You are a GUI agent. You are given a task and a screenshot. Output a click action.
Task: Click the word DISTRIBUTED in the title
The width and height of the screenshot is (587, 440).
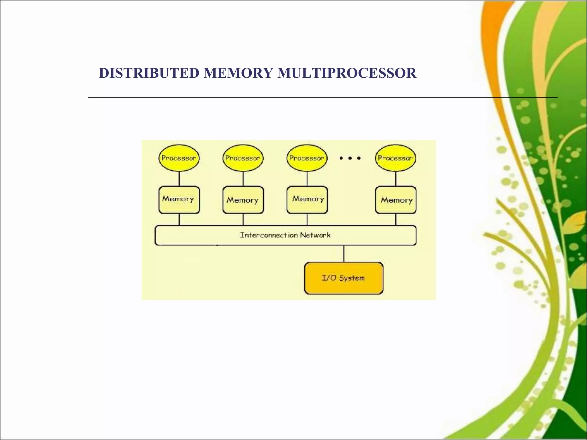coord(149,73)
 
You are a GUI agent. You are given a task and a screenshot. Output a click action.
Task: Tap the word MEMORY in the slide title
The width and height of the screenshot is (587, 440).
coord(238,73)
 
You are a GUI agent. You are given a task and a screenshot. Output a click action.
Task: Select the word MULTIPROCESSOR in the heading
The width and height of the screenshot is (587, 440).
coord(347,73)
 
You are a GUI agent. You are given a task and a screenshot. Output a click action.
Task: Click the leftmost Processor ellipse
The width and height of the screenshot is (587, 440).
coord(179,158)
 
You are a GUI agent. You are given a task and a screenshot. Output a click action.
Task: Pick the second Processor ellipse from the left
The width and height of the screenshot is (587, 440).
coord(243,158)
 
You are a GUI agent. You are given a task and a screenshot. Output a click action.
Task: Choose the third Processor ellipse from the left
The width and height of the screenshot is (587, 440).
coord(307,158)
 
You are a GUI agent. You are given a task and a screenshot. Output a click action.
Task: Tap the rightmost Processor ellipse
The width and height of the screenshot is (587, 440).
coord(396,158)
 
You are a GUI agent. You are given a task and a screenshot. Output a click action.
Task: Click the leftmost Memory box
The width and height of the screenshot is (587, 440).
coord(179,200)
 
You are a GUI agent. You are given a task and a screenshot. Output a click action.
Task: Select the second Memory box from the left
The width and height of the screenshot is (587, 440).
coord(243,200)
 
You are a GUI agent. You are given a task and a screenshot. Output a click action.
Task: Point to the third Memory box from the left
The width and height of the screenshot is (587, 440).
coord(307,200)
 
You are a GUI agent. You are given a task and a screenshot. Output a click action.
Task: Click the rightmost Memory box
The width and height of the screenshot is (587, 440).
coord(396,200)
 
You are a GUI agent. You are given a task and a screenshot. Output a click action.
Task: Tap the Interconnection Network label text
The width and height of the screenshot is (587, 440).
coord(285,235)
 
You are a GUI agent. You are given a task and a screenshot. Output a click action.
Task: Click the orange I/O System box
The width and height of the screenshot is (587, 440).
coord(344,278)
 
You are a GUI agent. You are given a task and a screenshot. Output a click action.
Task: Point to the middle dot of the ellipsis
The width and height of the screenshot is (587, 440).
coord(350,158)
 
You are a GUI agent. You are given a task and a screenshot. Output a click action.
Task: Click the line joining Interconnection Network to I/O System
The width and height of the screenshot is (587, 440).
coord(344,254)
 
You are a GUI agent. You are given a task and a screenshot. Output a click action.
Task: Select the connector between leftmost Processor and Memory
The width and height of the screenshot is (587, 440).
coord(179,179)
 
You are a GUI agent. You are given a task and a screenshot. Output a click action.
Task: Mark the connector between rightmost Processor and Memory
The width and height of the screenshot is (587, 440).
coord(396,179)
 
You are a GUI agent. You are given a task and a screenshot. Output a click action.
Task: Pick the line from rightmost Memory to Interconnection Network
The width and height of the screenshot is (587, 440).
coord(396,220)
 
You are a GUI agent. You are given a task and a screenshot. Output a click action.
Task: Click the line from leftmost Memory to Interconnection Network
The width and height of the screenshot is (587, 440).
coord(179,220)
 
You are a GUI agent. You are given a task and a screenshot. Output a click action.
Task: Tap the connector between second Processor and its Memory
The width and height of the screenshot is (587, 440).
coord(243,179)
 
